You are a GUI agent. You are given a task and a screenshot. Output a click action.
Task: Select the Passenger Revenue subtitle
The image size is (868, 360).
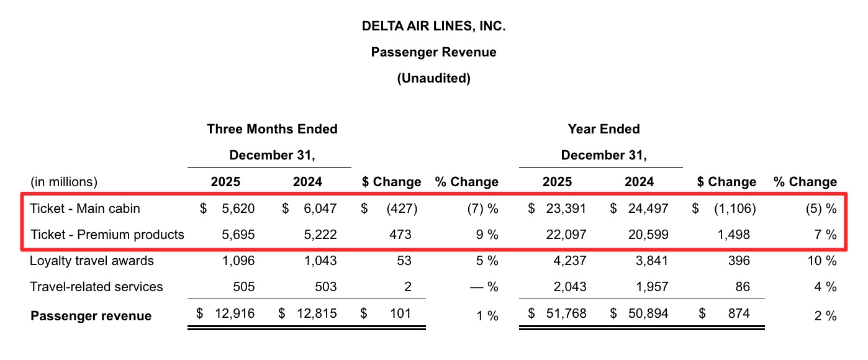(x=433, y=52)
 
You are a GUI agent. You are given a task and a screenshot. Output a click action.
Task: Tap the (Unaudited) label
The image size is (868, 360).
(x=433, y=78)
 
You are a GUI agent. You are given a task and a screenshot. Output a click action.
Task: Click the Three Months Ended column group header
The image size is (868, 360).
(x=272, y=129)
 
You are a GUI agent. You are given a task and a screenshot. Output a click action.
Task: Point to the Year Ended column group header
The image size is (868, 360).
(x=604, y=129)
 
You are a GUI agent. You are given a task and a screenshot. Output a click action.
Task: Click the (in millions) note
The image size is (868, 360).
(x=64, y=182)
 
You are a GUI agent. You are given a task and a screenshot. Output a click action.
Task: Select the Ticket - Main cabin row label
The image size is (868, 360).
(x=85, y=209)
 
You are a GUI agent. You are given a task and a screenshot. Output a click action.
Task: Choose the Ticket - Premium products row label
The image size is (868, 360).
(x=107, y=235)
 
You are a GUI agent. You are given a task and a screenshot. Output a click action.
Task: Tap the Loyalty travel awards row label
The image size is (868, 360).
(x=92, y=261)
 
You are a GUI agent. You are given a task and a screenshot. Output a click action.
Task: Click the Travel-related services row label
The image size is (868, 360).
(x=96, y=287)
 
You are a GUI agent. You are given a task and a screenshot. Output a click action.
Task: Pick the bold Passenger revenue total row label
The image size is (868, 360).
(x=91, y=316)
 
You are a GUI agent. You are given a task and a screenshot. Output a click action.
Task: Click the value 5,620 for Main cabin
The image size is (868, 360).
(x=238, y=209)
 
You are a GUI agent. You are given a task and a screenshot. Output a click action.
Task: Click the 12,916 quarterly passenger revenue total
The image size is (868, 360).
(x=234, y=313)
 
